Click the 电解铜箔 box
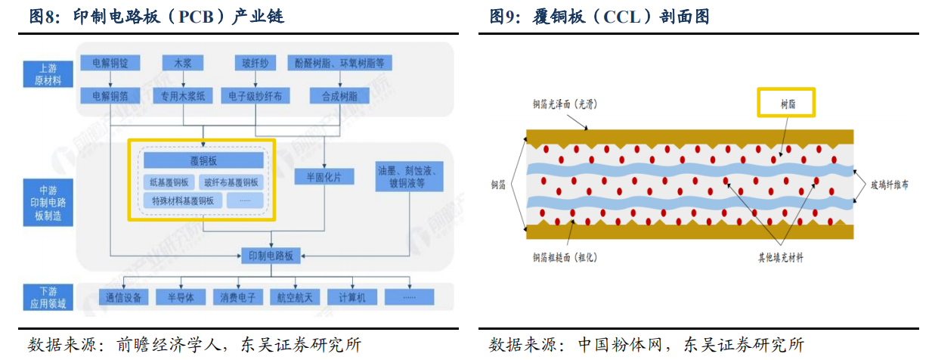pos(111,96)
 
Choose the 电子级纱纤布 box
pos(255,96)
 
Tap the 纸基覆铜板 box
pos(169,182)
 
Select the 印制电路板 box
pos(271,255)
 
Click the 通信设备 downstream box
pos(124,297)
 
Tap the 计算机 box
pos(352,297)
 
